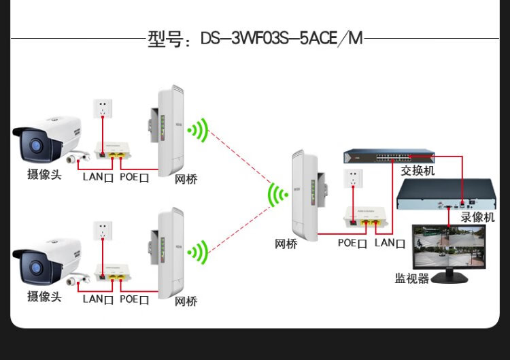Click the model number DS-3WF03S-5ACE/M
tap(282, 39)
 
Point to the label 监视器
tap(412, 278)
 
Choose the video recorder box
tap(444, 195)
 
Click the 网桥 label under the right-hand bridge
tap(286, 243)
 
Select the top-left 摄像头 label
tap(44, 175)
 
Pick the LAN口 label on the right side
tap(390, 243)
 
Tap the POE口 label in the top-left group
tap(134, 177)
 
